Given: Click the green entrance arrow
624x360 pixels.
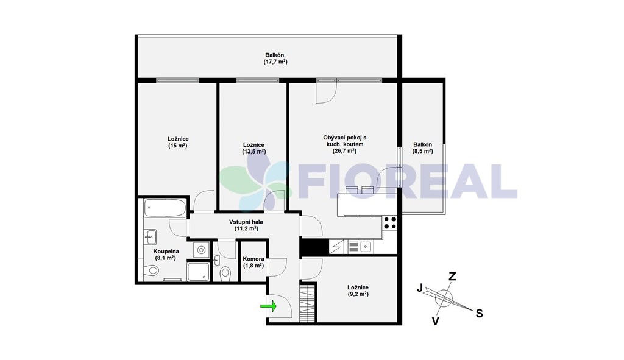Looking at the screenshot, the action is (268, 306).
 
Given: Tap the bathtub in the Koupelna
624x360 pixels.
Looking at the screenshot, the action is (165, 208).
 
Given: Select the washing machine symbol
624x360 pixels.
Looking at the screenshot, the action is (201, 250).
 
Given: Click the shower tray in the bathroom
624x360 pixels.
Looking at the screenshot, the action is (198, 271).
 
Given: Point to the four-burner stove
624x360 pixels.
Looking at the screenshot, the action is (389, 223).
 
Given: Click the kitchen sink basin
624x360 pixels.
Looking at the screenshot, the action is (366, 247).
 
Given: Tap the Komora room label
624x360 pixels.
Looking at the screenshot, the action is (253, 259).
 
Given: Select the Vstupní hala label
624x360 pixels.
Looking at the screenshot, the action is (246, 222).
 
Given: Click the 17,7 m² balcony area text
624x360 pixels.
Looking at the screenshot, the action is (275, 62).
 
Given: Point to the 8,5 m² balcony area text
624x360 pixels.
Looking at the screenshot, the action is (423, 151).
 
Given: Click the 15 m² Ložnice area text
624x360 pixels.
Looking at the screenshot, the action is (178, 146).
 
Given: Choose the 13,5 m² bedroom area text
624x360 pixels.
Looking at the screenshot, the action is (254, 152).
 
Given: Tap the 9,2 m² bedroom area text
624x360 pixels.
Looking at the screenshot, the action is (358, 294).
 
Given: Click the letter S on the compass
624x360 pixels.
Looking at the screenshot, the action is (480, 314).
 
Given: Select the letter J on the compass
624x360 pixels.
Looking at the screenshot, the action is (419, 288).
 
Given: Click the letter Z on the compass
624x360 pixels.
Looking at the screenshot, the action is (453, 276).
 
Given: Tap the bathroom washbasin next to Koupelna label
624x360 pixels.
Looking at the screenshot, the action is (150, 237).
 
